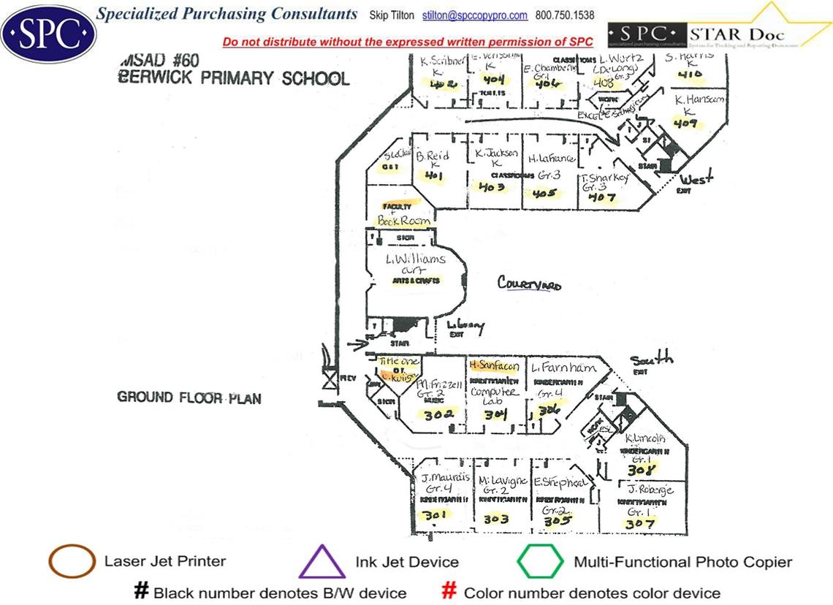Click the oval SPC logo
[49, 33]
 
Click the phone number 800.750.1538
[565, 15]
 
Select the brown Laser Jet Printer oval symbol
[72, 561]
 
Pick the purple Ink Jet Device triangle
[322, 563]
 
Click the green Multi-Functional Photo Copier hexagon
[540, 562]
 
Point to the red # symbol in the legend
[451, 592]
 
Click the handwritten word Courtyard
[530, 283]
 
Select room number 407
[601, 197]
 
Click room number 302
[439, 414]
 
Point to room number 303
[496, 519]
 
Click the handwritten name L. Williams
[415, 260]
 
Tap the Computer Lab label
[494, 397]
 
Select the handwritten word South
[651, 359]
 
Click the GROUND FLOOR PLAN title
[189, 397]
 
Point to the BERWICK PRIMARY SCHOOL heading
[234, 78]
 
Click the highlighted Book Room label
[403, 220]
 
